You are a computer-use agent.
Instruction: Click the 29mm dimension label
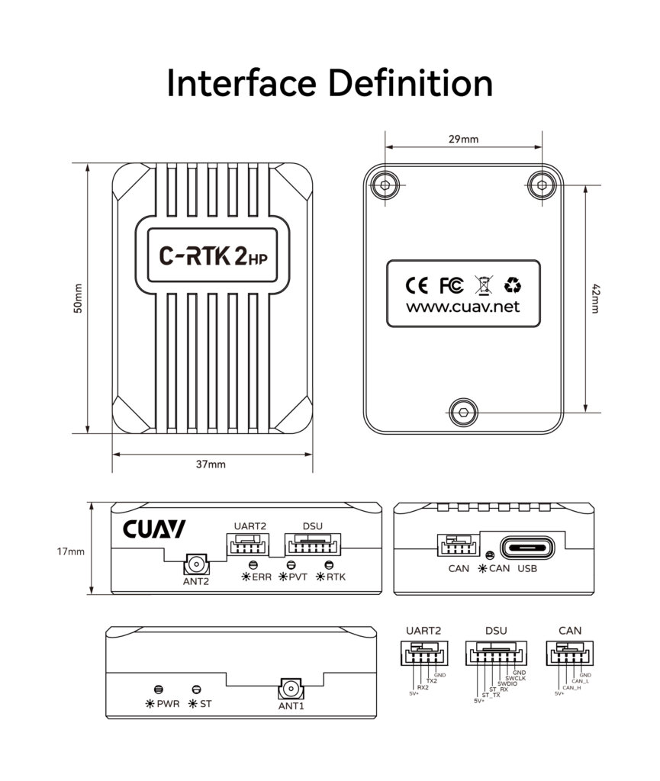[463, 139]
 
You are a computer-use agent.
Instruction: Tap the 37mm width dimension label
[211, 464]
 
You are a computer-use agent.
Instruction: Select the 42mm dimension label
[596, 298]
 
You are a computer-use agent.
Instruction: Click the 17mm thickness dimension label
[71, 551]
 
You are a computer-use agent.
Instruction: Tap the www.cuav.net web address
[462, 307]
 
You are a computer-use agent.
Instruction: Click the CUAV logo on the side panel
[153, 530]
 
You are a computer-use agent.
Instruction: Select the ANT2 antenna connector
[197, 566]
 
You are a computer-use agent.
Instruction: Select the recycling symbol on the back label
[513, 285]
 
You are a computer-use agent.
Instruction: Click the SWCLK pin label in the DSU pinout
[516, 678]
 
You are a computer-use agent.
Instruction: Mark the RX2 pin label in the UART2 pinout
[422, 687]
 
